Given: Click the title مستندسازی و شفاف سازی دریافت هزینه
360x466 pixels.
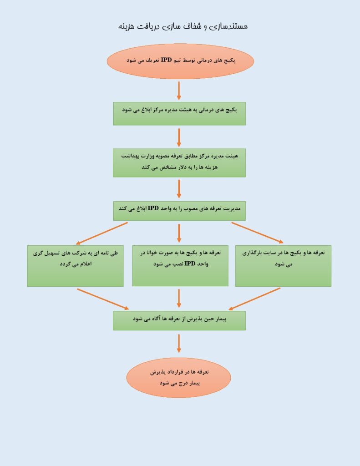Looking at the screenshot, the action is (183, 26).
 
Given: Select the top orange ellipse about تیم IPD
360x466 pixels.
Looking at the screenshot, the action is (180, 61).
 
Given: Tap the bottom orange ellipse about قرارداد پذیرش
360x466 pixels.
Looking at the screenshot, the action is (179, 377).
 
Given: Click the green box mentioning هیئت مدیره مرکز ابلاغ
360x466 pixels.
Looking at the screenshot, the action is (179, 113).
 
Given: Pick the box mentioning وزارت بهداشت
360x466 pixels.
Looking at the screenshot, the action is (179, 163).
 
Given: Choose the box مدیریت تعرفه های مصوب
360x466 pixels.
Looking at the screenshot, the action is (179, 211).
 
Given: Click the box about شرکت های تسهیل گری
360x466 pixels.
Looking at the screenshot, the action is (75, 266).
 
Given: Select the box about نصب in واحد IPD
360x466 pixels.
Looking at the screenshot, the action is (180, 266).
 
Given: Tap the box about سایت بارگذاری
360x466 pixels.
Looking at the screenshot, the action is (283, 266).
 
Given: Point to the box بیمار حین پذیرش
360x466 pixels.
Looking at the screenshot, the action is (179, 321).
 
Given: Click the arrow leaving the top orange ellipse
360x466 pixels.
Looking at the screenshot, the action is (179, 91).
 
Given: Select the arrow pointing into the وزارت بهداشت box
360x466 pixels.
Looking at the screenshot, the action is (179, 137).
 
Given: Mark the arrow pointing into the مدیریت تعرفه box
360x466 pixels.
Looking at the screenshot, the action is (179, 189).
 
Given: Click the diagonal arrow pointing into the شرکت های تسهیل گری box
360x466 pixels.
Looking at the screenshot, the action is (101, 233).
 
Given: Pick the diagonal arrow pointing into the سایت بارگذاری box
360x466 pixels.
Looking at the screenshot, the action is (258, 233).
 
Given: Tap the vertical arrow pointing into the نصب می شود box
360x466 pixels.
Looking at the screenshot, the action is (179, 233).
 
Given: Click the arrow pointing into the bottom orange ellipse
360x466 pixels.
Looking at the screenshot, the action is (179, 344).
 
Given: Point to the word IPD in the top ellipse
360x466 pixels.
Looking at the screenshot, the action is (167, 61).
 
